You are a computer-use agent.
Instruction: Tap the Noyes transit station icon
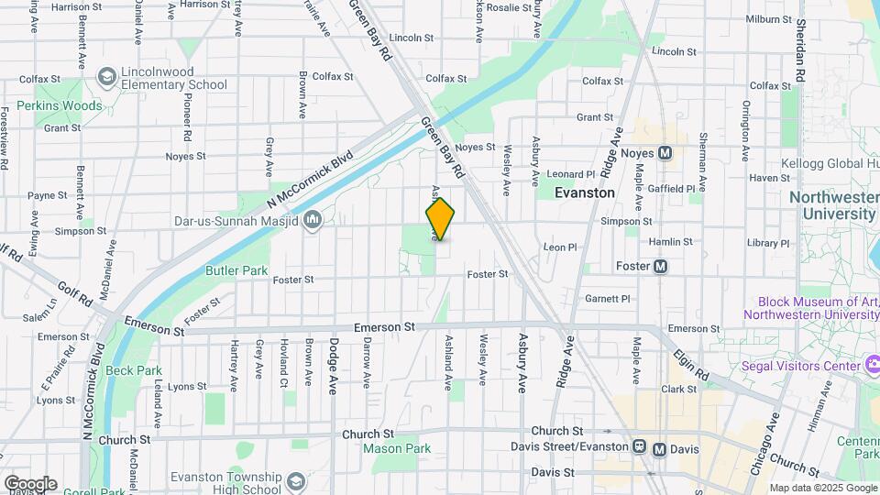pos(665,152)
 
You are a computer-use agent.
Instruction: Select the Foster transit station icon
pos(660,267)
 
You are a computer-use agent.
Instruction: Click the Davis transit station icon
pos(659,449)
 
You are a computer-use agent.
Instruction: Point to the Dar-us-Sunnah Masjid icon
pos(313,220)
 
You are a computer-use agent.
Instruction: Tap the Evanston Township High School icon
pos(295,480)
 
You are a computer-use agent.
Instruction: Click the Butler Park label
pos(236,270)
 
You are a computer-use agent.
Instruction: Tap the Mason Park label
pos(397,449)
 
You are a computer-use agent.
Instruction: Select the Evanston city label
pos(584,192)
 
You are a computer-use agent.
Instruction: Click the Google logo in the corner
pos(30,483)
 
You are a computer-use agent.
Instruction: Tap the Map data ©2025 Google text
pos(822,488)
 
